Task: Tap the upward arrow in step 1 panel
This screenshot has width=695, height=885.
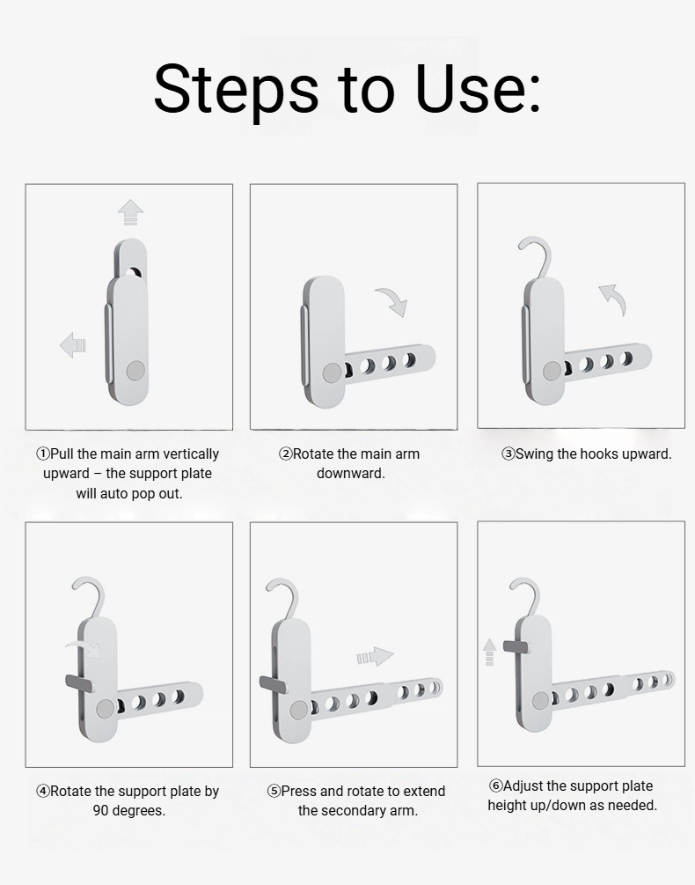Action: pyautogui.click(x=130, y=212)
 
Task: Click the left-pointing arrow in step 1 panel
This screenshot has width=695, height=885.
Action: pyautogui.click(x=73, y=345)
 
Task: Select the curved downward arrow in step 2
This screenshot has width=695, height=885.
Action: pyautogui.click(x=391, y=301)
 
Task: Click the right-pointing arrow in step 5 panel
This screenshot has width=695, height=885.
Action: pyautogui.click(x=375, y=656)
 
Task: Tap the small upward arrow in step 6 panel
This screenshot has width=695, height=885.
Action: pyautogui.click(x=489, y=652)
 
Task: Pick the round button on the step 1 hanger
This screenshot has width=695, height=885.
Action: pyautogui.click(x=135, y=371)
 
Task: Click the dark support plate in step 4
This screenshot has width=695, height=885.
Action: pyautogui.click(x=79, y=682)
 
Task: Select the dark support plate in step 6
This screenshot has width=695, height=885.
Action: pyautogui.click(x=516, y=645)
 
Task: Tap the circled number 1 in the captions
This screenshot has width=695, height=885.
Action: pyautogui.click(x=43, y=454)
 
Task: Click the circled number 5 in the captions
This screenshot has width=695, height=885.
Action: pyautogui.click(x=274, y=792)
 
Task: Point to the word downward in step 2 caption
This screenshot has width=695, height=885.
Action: pyautogui.click(x=351, y=474)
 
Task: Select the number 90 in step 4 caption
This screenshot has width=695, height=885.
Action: pyautogui.click(x=101, y=810)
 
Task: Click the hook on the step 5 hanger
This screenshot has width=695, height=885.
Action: pyautogui.click(x=285, y=598)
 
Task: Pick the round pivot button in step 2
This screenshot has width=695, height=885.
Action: pyautogui.click(x=332, y=372)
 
